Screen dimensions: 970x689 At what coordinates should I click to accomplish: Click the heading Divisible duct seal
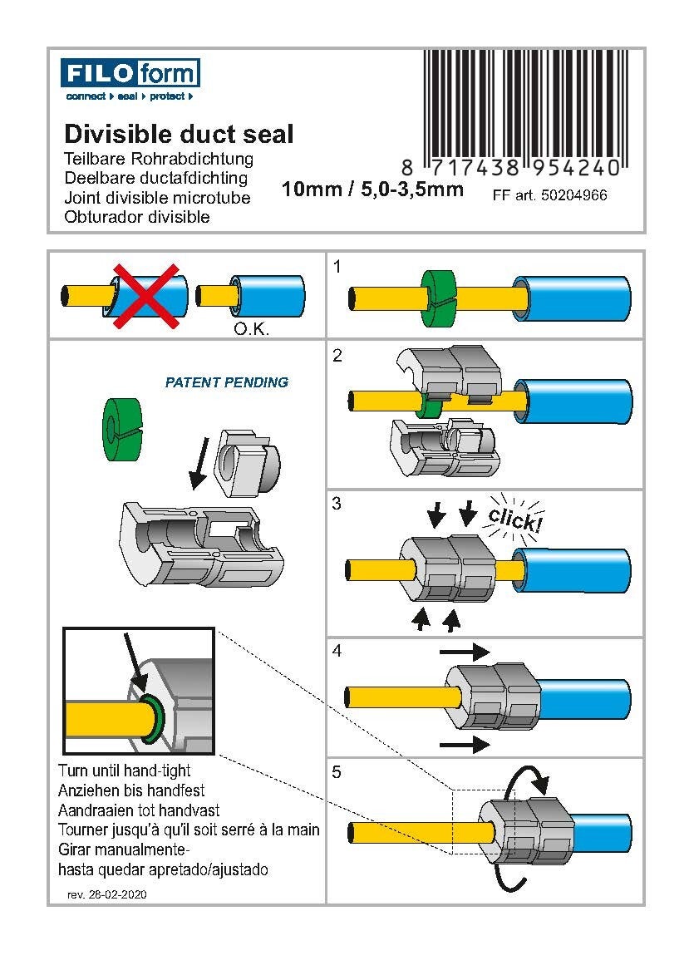tap(179, 134)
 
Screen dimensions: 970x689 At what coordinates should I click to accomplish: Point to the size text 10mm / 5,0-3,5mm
tap(372, 190)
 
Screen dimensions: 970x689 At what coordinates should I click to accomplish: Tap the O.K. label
tap(250, 328)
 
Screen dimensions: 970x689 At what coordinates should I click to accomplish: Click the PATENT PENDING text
tap(227, 382)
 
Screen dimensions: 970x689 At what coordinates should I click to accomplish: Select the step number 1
tap(337, 267)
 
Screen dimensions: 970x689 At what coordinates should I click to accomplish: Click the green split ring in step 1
tap(440, 297)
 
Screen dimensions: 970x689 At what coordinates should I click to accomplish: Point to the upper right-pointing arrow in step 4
tap(464, 652)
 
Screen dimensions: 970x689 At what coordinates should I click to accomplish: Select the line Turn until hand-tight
tap(125, 771)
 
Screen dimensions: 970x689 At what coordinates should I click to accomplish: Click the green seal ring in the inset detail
tap(150, 717)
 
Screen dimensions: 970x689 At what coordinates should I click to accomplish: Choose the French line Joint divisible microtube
tap(157, 198)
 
